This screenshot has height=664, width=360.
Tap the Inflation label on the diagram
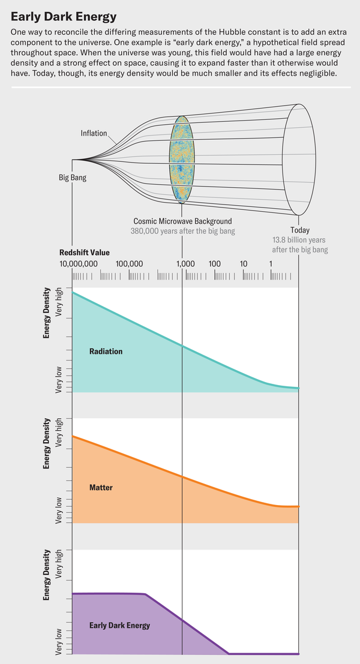(94, 133)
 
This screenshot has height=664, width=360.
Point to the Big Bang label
(72, 178)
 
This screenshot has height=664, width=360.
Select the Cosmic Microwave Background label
(182, 221)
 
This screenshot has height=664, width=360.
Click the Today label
(300, 230)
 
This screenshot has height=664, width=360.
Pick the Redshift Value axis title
(85, 252)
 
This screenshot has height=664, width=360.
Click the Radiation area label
(106, 351)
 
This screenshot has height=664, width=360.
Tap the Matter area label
(101, 488)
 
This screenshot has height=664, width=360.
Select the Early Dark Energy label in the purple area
(119, 625)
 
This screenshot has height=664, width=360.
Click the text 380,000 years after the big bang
(182, 230)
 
